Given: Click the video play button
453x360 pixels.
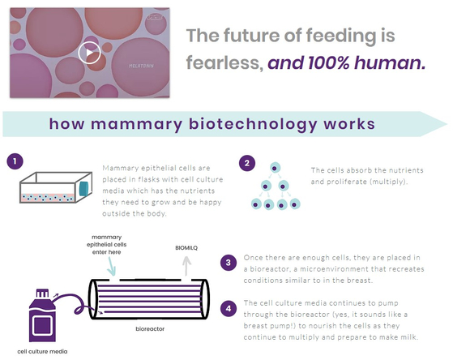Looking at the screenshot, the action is point(89,53).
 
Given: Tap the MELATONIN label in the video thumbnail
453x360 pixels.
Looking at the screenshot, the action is point(141,66).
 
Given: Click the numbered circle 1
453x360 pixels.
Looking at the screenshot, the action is point(15,161).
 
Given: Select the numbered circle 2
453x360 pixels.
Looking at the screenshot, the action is point(247,163).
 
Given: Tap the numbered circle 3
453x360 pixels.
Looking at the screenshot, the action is point(229,263).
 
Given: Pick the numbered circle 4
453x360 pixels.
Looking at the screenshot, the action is point(229,309).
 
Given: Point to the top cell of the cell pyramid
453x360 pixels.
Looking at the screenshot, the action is point(275,168).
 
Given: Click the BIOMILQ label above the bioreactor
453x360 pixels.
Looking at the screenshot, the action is point(186,248).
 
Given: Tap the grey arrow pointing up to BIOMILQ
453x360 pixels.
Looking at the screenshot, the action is point(187,266).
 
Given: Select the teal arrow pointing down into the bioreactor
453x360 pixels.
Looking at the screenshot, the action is point(111,266).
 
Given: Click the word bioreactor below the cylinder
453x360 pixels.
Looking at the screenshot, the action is point(150,328).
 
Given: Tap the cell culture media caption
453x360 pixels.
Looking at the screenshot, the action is point(42,352).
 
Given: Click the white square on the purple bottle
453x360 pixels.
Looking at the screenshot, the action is point(43,325).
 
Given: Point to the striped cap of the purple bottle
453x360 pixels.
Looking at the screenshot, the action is point(42,294).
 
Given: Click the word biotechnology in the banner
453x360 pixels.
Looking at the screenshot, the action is point(253,124).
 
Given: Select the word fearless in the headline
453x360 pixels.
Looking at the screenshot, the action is point(224,62).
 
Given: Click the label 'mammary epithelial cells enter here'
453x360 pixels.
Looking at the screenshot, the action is point(107,245).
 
